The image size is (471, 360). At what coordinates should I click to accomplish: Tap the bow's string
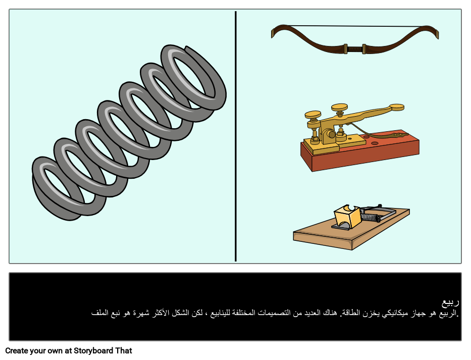click(x=354, y=26)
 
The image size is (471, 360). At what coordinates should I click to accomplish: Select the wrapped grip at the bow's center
click(x=354, y=49)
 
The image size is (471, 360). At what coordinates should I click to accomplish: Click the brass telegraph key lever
click(x=360, y=115)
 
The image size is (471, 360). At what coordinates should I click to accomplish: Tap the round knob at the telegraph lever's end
click(x=396, y=107)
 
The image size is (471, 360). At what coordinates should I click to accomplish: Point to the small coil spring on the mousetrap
click(x=371, y=217)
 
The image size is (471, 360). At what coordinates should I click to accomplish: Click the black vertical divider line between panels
click(x=236, y=136)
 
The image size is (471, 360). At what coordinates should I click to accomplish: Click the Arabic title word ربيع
click(x=450, y=302)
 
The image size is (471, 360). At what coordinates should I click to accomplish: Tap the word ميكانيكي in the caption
click(x=394, y=313)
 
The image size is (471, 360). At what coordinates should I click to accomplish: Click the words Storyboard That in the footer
click(x=102, y=351)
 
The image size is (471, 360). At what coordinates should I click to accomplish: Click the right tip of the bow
click(x=438, y=34)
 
